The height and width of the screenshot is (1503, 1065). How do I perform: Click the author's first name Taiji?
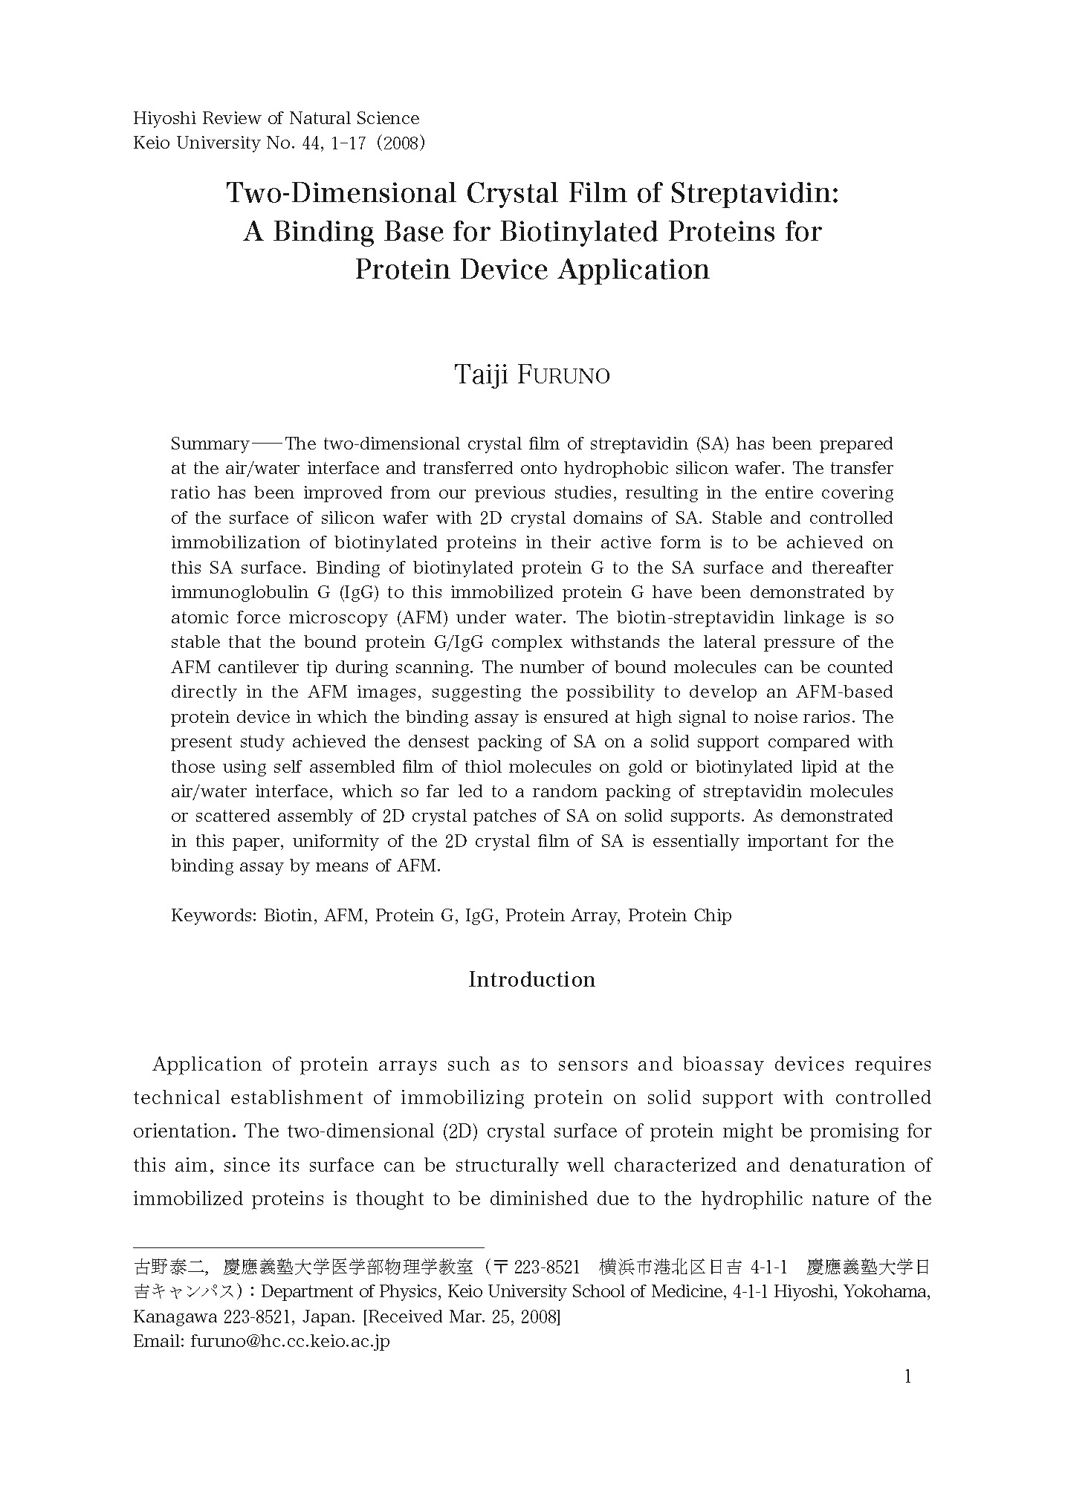click(481, 375)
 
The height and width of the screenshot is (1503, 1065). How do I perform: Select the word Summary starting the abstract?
click(210, 444)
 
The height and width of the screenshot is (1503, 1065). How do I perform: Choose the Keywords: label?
click(214, 915)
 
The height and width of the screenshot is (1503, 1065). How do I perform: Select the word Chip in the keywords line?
click(712, 915)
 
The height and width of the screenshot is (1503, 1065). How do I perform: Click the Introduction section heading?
click(531, 979)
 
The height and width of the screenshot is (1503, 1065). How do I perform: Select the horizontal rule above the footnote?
click(308, 1247)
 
